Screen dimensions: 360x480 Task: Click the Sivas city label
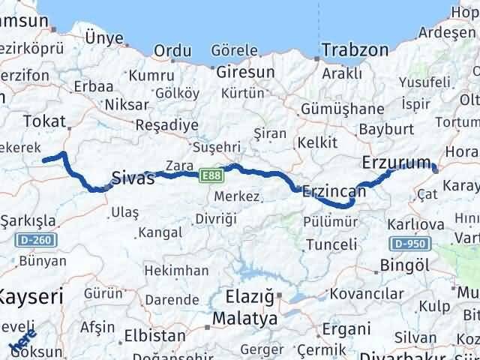tap(133, 178)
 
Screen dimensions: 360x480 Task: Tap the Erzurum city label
tap(396, 163)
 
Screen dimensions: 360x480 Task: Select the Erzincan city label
tap(334, 192)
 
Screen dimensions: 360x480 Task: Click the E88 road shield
tap(210, 175)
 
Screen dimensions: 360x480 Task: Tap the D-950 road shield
tap(409, 244)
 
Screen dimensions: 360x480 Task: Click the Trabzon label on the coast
tap(355, 50)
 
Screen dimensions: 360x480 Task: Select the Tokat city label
tap(40, 121)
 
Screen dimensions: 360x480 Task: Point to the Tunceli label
tap(331, 244)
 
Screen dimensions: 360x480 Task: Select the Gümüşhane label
tap(342, 109)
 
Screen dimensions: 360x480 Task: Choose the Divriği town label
tap(215, 218)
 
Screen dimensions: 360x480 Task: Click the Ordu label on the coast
tap(172, 50)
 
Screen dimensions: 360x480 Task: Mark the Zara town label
tap(182, 164)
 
